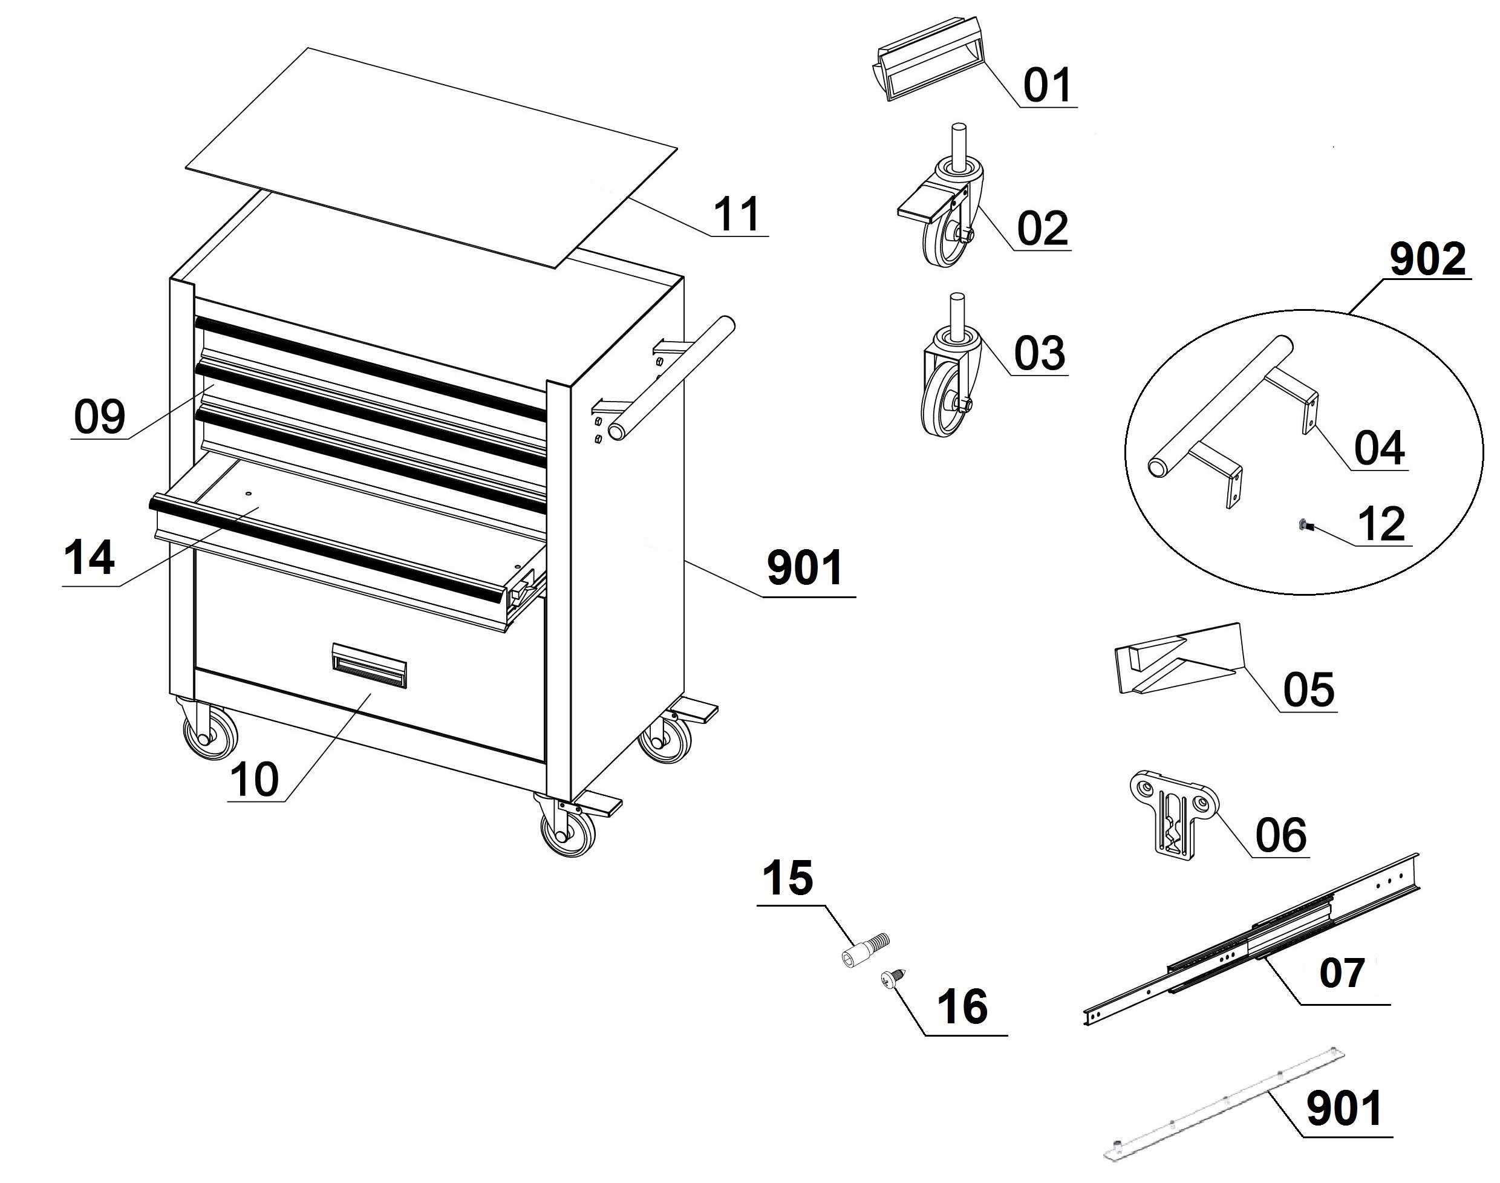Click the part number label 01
point(1047,85)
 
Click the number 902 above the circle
point(1427,259)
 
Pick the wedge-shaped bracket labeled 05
point(1177,659)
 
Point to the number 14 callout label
point(90,559)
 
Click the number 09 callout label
point(100,417)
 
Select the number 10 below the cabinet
point(254,780)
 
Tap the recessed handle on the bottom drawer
point(369,666)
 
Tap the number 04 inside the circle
point(1379,448)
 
